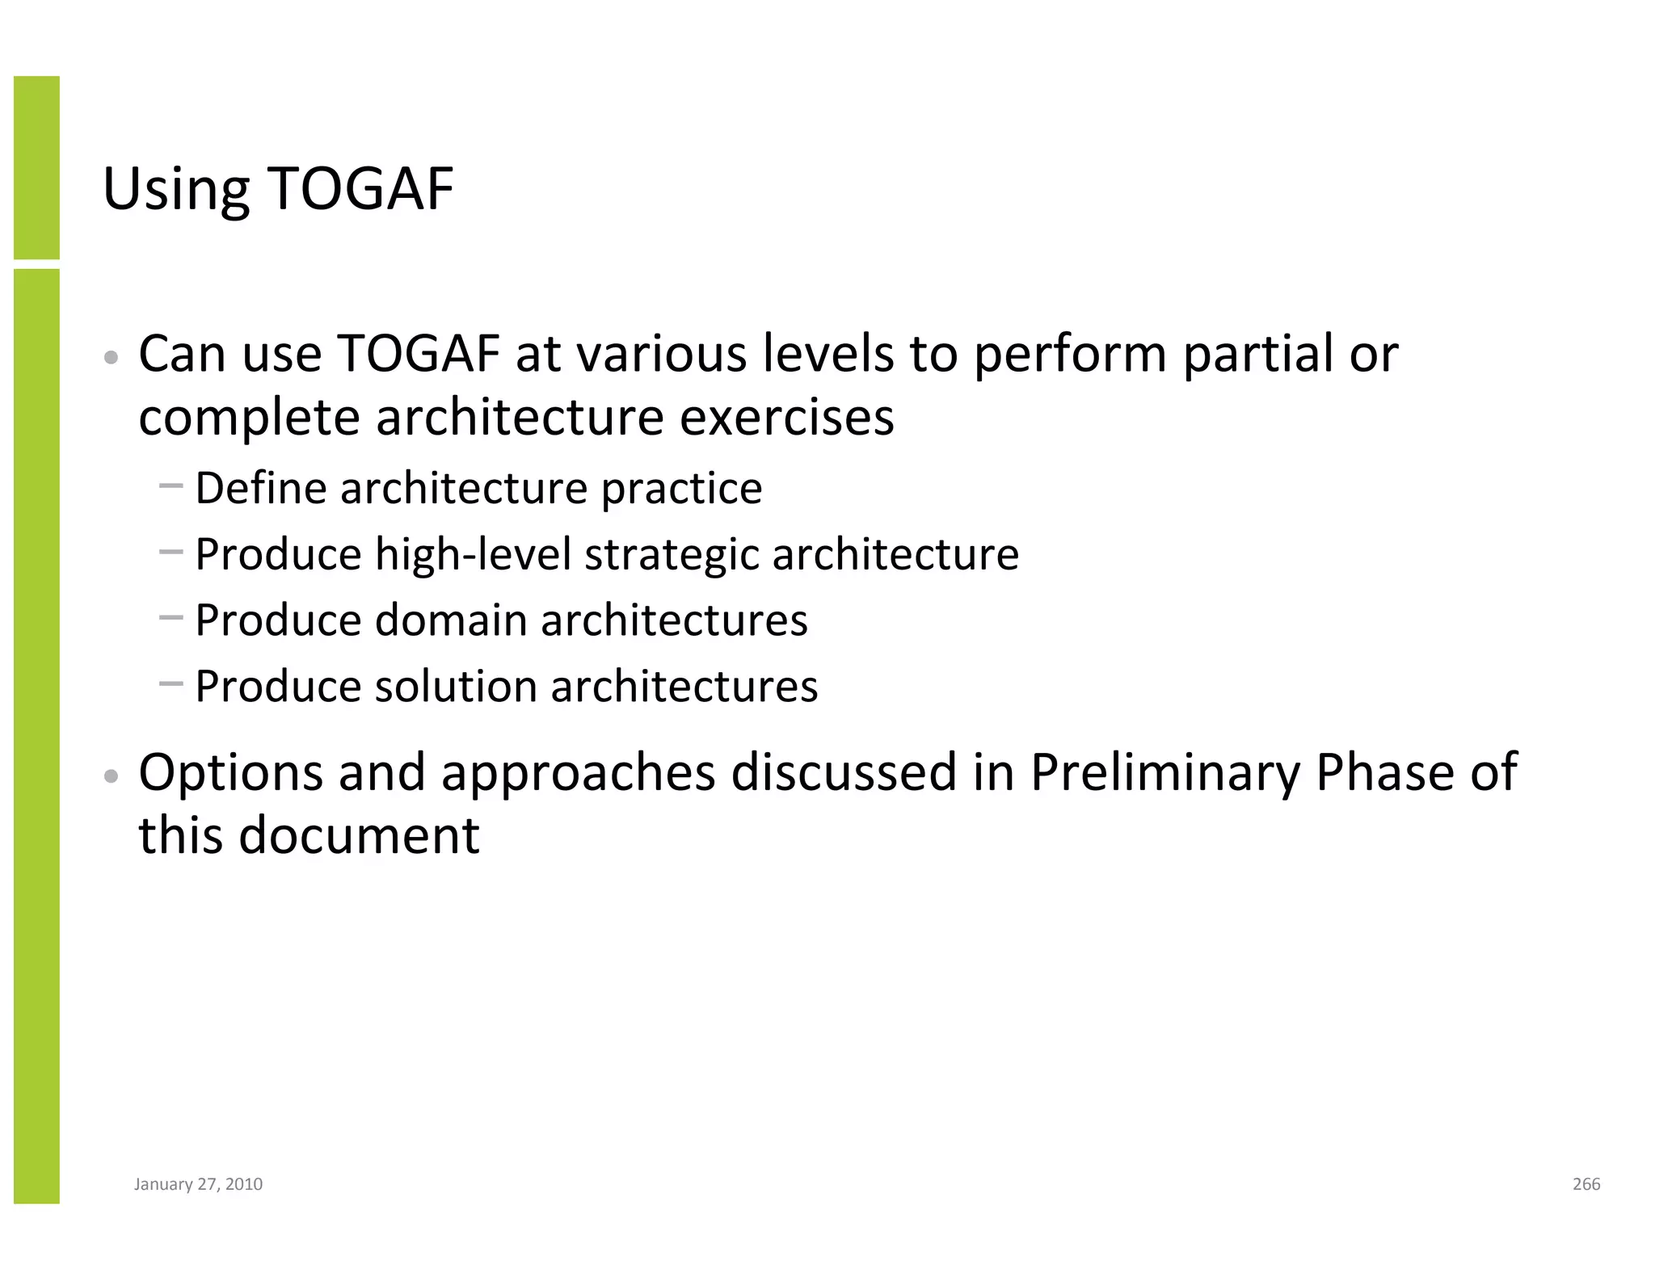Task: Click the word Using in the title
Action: (x=175, y=190)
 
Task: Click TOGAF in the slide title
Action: (x=360, y=190)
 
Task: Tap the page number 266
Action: (x=1586, y=1184)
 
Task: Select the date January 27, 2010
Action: (x=198, y=1184)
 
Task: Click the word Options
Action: (x=230, y=772)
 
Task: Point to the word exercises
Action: (x=786, y=418)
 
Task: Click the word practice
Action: (x=681, y=489)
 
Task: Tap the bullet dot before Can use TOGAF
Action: (x=112, y=357)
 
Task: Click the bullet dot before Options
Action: (x=112, y=776)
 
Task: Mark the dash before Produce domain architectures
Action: (x=171, y=619)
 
